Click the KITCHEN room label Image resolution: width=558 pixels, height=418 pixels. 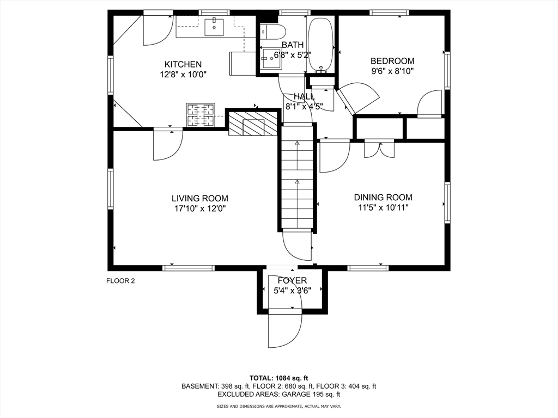click(183, 64)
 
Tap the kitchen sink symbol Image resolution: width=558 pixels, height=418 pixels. click(214, 26)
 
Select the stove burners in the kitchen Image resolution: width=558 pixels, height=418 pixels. click(200, 115)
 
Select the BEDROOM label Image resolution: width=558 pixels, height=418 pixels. click(392, 62)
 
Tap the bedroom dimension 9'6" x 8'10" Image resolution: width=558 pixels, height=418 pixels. click(392, 71)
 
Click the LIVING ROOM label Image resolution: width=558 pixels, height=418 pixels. click(199, 199)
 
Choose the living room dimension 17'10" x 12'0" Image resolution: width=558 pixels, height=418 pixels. click(199, 208)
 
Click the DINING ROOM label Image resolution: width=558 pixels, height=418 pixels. click(383, 198)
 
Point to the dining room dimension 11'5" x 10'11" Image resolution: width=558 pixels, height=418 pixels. click(383, 207)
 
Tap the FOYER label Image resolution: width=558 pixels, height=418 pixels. click(293, 281)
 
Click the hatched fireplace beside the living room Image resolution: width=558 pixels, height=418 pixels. click(246, 125)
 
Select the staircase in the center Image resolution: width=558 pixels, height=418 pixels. click(298, 180)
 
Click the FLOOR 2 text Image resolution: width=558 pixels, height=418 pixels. click(120, 281)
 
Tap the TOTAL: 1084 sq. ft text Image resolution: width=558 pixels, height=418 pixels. click(278, 378)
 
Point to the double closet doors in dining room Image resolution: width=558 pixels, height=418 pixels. click(379, 149)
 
